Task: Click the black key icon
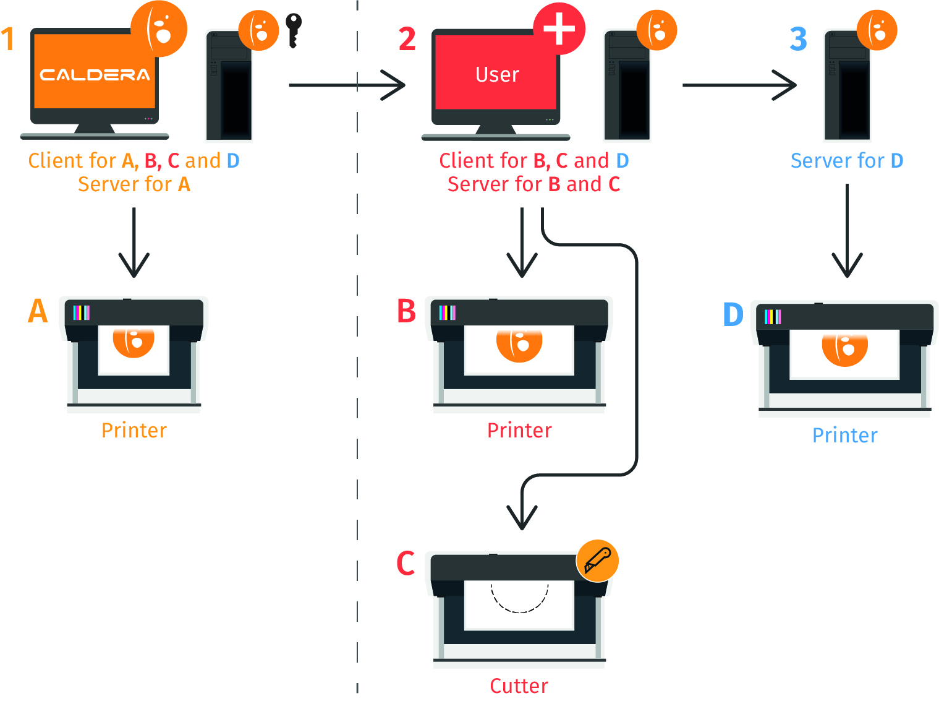tap(294, 30)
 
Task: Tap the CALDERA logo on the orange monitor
tap(95, 75)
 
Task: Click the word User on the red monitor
tap(497, 75)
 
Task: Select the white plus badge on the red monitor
tap(559, 28)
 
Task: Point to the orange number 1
tap(8, 40)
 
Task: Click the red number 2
tap(407, 40)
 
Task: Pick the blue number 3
tap(798, 40)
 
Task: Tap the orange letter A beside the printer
tap(38, 311)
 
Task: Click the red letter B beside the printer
tap(406, 311)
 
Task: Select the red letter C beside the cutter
tap(406, 563)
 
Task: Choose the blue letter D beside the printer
tap(733, 314)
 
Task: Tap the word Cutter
tap(519, 686)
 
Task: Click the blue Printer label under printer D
tap(844, 436)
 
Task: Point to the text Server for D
tap(846, 161)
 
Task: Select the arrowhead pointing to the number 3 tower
tap(785, 85)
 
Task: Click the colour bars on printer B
tap(448, 312)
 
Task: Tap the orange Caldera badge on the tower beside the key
tap(258, 30)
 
